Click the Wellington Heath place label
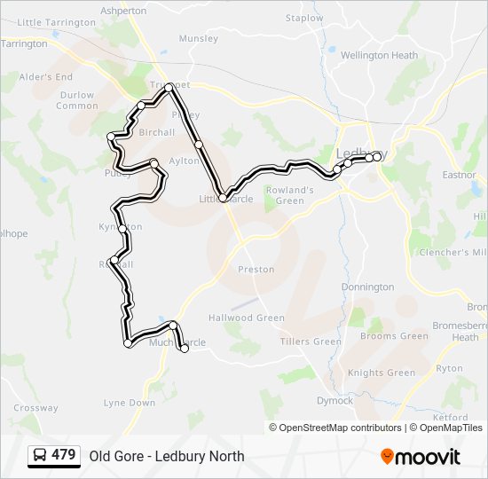coord(379,55)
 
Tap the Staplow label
coord(304,18)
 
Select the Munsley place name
coord(198,38)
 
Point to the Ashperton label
coord(123,11)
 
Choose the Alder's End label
coord(46,77)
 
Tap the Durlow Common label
coord(77,100)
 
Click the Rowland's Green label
coord(290,195)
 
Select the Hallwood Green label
coord(246,318)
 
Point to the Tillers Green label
coord(311,342)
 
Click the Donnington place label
coord(367,287)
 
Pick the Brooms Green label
coord(394,336)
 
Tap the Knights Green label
coord(382,373)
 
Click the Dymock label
coord(335,400)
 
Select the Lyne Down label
coord(130,403)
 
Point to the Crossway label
coord(35,408)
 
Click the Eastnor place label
coord(460,175)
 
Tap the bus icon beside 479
coord(41,456)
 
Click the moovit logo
coord(421,457)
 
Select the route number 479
coord(64,455)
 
